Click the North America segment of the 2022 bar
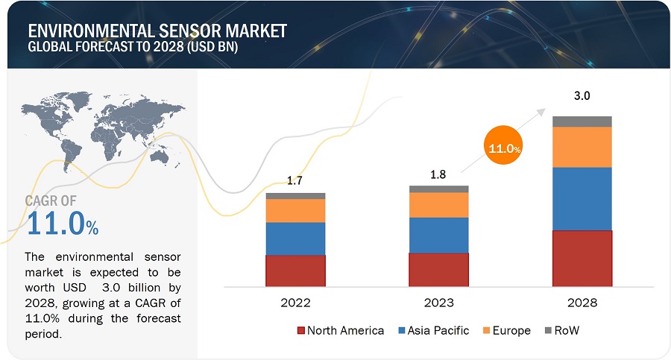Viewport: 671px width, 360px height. click(295, 271)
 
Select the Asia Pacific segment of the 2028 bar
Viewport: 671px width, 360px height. click(582, 198)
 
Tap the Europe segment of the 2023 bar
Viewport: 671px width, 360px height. click(438, 205)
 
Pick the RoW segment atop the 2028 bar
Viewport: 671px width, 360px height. click(582, 121)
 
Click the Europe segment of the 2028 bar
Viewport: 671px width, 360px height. click(582, 147)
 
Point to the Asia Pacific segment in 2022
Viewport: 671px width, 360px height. click(295, 239)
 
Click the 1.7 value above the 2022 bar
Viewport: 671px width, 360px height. click(295, 180)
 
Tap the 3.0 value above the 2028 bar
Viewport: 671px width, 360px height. click(582, 96)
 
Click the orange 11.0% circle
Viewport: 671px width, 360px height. click(503, 148)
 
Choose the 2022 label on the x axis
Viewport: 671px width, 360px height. click(295, 303)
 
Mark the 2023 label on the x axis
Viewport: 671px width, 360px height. click(438, 303)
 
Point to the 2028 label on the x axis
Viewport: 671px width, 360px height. click(582, 303)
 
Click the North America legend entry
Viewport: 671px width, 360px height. click(341, 330)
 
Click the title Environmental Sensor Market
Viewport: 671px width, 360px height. click(157, 31)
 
